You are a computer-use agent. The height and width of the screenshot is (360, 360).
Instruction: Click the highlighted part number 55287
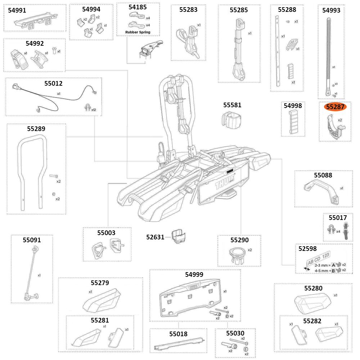(335, 107)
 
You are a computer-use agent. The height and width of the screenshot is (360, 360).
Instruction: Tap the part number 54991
(17, 10)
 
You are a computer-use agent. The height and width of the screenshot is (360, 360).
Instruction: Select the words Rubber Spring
(138, 32)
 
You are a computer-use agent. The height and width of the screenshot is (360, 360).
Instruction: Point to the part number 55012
(53, 84)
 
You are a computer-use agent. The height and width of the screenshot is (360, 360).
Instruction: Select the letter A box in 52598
(333, 265)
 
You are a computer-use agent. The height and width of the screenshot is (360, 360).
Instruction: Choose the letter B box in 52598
(333, 270)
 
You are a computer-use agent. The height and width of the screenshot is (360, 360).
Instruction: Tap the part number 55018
(178, 334)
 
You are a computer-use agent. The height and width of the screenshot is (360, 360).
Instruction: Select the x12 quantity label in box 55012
(94, 109)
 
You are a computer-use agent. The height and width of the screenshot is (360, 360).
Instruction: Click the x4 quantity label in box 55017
(338, 231)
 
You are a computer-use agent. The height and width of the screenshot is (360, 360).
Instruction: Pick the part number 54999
(194, 274)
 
